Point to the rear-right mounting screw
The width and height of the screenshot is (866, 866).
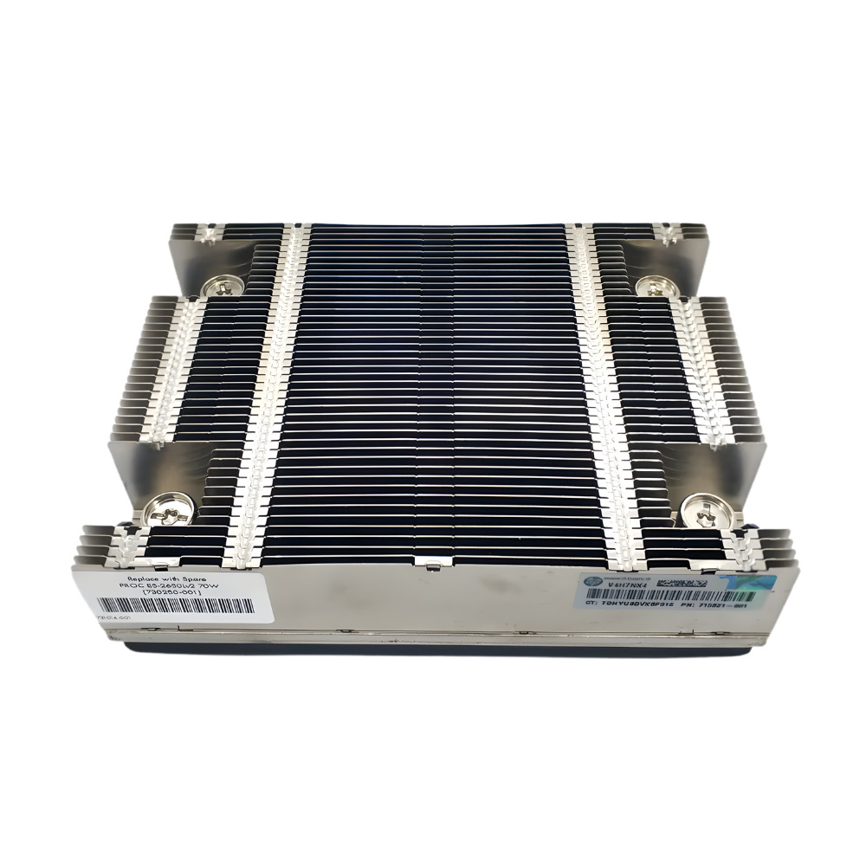[x=650, y=285]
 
